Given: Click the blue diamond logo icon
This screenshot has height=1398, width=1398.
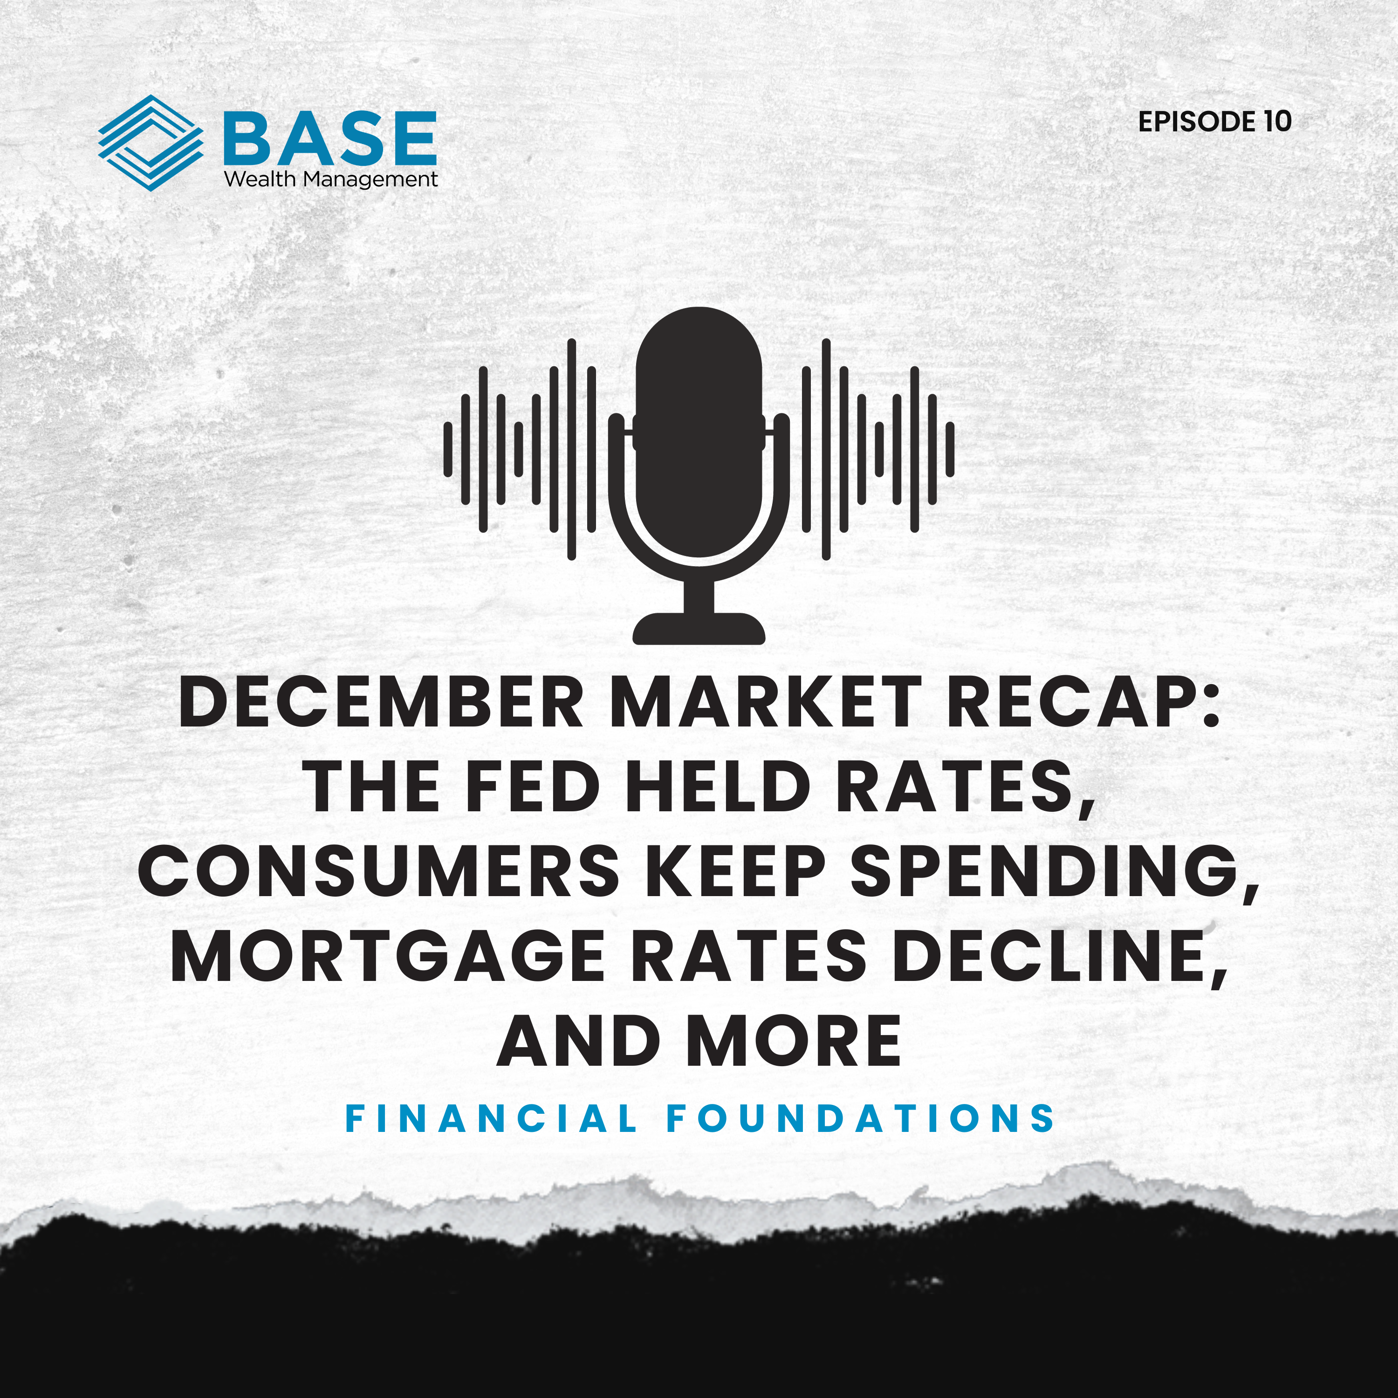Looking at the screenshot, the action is [151, 143].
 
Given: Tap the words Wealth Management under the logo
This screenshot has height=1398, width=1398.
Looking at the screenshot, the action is [331, 179].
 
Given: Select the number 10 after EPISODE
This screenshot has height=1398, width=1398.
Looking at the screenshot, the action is [1277, 122].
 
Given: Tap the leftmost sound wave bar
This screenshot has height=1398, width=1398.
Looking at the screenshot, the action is [448, 449].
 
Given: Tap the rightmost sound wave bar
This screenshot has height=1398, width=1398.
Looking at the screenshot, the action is [949, 449].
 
